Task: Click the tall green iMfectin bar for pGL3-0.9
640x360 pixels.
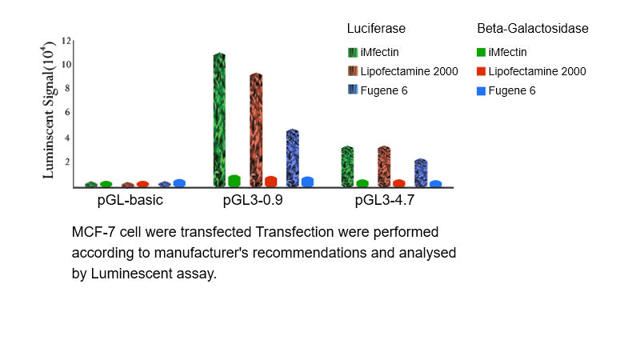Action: [x=219, y=120]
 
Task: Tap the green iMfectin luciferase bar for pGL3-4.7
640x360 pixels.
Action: [x=347, y=166]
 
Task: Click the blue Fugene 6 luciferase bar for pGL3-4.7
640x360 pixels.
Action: [x=421, y=173]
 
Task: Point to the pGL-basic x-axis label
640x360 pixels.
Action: [x=130, y=200]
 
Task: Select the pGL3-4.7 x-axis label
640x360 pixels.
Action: [x=385, y=200]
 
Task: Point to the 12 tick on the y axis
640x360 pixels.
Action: [x=66, y=40]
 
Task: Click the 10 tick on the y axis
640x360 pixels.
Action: [x=66, y=64]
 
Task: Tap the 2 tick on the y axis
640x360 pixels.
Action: [x=69, y=162]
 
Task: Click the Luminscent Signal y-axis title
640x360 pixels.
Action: [x=49, y=113]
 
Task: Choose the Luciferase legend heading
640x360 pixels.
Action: [x=376, y=28]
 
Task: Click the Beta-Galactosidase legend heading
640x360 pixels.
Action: [x=533, y=28]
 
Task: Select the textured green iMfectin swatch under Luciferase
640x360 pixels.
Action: [x=353, y=53]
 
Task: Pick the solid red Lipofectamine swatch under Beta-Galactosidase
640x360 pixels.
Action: [x=482, y=72]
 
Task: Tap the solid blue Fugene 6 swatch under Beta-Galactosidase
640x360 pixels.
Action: [x=482, y=90]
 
